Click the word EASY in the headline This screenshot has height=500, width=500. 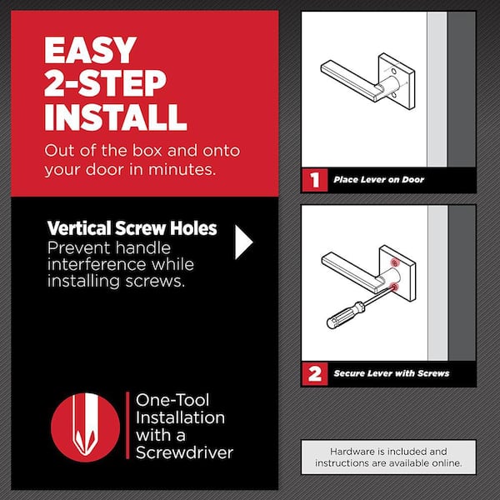tap(90, 50)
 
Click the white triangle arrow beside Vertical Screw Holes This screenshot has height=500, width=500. tap(244, 242)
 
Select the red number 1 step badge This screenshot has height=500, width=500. tap(315, 180)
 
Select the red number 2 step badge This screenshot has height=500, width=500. tap(315, 373)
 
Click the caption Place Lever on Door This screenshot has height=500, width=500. tap(379, 180)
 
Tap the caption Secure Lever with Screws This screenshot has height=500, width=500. tap(392, 373)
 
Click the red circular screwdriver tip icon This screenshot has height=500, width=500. tap(86, 427)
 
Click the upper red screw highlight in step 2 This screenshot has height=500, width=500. tap(395, 263)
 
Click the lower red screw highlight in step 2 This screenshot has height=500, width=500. tap(395, 287)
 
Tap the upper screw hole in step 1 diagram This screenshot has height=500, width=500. tap(394, 71)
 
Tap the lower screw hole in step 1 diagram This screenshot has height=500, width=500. tap(394, 95)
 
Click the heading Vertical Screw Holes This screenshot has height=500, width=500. tap(132, 228)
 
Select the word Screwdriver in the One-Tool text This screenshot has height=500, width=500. tap(184, 452)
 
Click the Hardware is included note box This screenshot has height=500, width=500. tap(388, 457)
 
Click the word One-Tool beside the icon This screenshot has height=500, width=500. tap(172, 400)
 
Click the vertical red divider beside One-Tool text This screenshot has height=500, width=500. tap(127, 425)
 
